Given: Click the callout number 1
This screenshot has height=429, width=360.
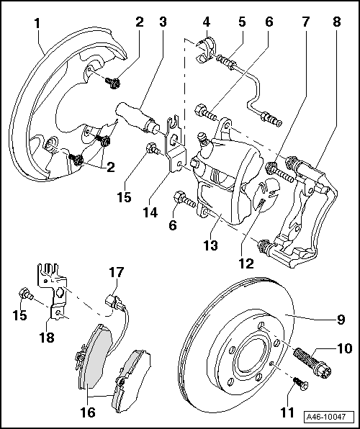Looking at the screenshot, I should (38, 23).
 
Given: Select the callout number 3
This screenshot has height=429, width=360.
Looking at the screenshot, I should (163, 21).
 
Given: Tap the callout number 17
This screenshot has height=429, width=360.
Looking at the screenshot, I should (117, 272).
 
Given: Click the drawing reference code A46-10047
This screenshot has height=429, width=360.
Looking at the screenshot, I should (329, 417).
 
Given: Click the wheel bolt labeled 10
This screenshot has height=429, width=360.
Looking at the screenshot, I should (311, 358).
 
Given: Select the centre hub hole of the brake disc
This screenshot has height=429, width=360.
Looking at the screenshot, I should (252, 355).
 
